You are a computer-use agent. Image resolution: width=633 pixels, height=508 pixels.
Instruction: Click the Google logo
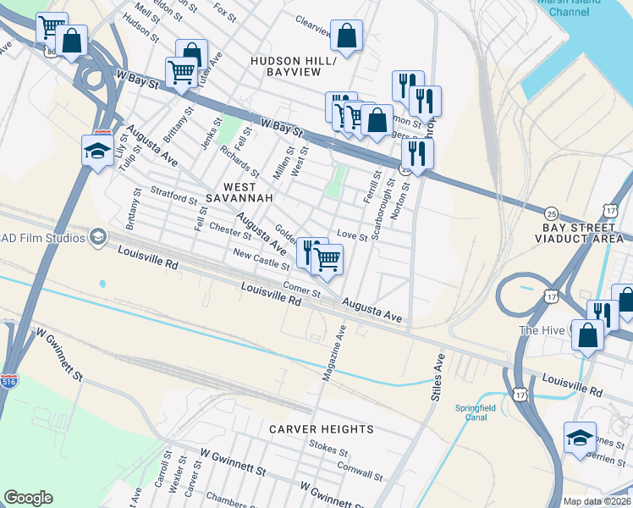click(28, 498)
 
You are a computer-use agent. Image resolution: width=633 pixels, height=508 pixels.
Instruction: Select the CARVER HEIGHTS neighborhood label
click(322, 429)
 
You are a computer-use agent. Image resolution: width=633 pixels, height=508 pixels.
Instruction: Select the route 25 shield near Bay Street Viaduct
click(551, 212)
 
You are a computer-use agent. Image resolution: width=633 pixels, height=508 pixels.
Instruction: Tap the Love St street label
click(352, 235)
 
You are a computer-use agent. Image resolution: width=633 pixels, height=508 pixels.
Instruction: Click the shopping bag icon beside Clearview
click(346, 36)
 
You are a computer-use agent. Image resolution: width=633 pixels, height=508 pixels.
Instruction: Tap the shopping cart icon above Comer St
click(327, 259)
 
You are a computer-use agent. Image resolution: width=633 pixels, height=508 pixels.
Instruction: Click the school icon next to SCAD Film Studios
click(98, 236)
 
